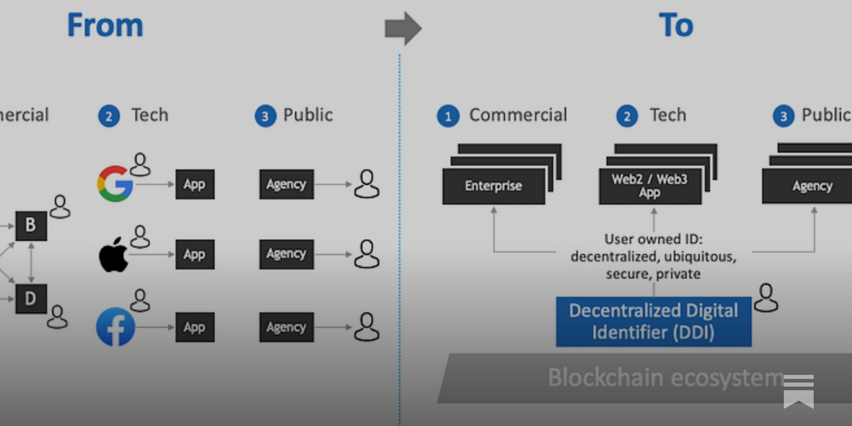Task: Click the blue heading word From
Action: click(x=105, y=25)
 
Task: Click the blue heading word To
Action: click(x=676, y=25)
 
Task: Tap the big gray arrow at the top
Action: click(x=403, y=28)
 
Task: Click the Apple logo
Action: click(x=113, y=255)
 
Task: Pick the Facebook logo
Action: click(x=116, y=327)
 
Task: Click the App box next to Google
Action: click(x=195, y=184)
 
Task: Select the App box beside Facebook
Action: click(x=195, y=327)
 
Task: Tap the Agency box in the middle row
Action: click(x=286, y=254)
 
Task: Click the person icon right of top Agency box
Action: click(x=366, y=184)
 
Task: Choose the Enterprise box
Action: click(x=494, y=186)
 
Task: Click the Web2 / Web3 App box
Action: click(x=650, y=186)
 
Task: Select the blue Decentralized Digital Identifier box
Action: click(x=653, y=322)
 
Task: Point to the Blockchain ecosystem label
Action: click(x=666, y=378)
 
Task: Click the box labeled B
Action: click(x=31, y=225)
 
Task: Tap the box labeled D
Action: click(x=31, y=299)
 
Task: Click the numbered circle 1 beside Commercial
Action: click(x=448, y=116)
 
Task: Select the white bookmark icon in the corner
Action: click(x=798, y=391)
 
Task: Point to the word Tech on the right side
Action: click(x=668, y=115)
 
